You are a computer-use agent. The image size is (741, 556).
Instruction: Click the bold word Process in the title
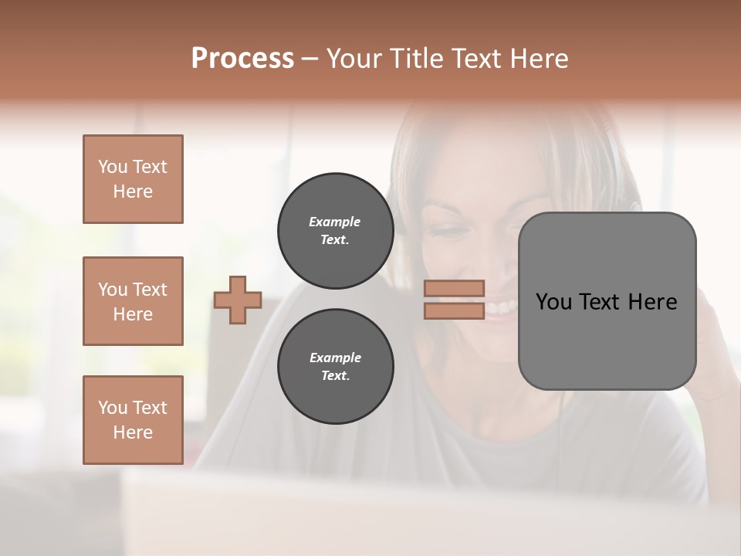tap(242, 59)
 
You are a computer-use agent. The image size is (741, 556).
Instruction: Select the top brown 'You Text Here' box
tap(133, 179)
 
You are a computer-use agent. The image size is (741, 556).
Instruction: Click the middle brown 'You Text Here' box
tap(133, 301)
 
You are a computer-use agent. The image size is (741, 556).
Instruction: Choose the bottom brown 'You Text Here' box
tap(133, 420)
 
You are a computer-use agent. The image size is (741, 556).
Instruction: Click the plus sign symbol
tap(238, 300)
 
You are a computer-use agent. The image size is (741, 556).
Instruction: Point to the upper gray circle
tap(335, 231)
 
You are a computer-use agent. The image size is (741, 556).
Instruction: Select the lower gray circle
tap(335, 366)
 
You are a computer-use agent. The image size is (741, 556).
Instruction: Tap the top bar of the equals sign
tap(455, 289)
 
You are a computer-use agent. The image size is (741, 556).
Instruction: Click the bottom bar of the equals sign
tap(455, 310)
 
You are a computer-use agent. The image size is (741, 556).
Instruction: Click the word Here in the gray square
tap(652, 302)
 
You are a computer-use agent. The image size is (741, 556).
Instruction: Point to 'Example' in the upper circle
tap(335, 222)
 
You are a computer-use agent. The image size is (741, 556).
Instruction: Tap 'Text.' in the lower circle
tap(335, 375)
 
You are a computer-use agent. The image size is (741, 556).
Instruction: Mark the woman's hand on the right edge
tap(714, 340)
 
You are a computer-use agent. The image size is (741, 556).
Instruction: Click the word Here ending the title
tap(540, 59)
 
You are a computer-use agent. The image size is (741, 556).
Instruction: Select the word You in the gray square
tap(553, 302)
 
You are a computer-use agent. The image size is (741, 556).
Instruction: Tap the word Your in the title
tap(354, 59)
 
